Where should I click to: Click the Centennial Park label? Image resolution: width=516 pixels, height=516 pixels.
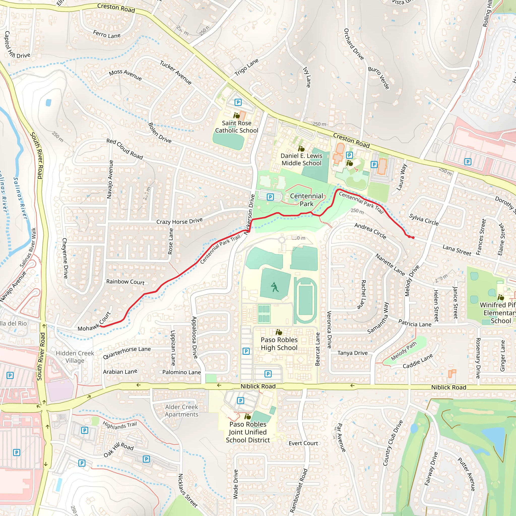pyautogui.click(x=306, y=200)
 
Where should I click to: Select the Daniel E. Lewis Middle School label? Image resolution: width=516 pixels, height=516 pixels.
pyautogui.click(x=301, y=159)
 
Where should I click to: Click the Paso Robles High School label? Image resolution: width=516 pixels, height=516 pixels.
pyautogui.click(x=279, y=344)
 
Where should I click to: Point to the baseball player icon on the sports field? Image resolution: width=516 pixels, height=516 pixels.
pyautogui.click(x=275, y=287)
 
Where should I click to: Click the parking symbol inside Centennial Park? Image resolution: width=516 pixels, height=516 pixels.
pyautogui.click(x=270, y=197)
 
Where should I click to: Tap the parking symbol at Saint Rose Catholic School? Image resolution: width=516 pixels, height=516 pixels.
pyautogui.click(x=238, y=102)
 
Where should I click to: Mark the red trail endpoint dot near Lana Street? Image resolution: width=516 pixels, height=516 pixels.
pyautogui.click(x=413, y=237)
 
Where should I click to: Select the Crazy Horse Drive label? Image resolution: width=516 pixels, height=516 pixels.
pyautogui.click(x=179, y=221)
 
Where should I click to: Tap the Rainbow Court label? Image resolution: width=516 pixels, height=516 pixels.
pyautogui.click(x=125, y=282)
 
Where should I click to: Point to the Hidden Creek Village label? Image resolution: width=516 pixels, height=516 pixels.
pyautogui.click(x=75, y=357)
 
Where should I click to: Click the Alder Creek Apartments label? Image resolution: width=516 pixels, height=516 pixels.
pyautogui.click(x=182, y=410)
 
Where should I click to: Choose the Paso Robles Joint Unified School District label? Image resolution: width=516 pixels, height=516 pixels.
pyautogui.click(x=248, y=432)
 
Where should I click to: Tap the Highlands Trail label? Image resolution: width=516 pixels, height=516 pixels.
pyautogui.click(x=120, y=425)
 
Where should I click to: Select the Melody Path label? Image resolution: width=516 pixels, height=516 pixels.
pyautogui.click(x=404, y=351)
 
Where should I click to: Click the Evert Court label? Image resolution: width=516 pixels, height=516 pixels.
pyautogui.click(x=303, y=443)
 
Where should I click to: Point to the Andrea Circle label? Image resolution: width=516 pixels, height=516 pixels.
pyautogui.click(x=370, y=231)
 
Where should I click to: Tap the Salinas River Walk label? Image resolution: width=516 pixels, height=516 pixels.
pyautogui.click(x=28, y=248)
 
